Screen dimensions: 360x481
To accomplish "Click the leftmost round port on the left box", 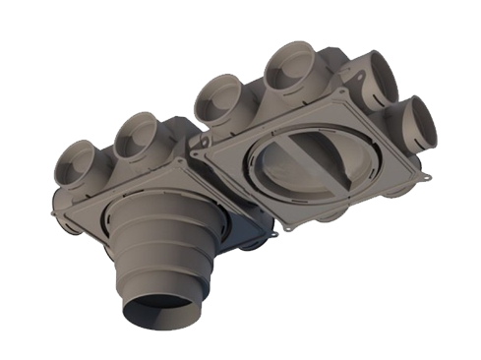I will click(75, 160).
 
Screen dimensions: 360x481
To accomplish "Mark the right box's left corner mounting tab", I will click(199, 152).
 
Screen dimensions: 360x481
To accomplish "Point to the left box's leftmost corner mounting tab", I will click(48, 207).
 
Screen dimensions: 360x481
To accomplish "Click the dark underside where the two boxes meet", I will click(251, 236).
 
